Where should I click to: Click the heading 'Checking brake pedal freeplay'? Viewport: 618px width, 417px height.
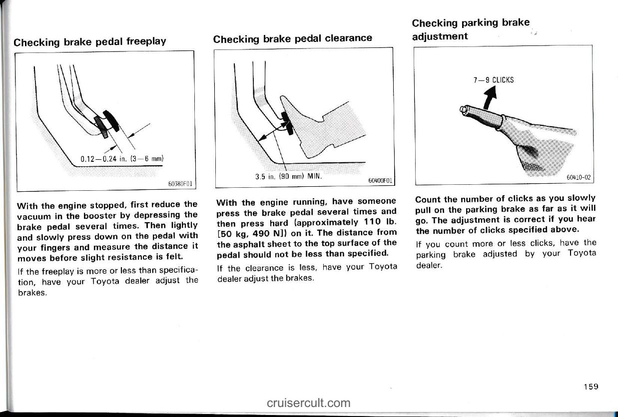(90, 41)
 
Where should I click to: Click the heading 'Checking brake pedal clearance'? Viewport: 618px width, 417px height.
(293, 38)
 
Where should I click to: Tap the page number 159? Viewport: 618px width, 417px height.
(590, 386)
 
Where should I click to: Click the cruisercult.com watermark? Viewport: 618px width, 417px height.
(309, 403)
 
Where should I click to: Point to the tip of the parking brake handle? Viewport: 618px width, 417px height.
(463, 109)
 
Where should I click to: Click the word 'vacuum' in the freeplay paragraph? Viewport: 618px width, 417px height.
(33, 215)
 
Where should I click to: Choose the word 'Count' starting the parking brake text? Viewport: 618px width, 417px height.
(428, 199)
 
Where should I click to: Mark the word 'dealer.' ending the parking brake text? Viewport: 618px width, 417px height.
(429, 265)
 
